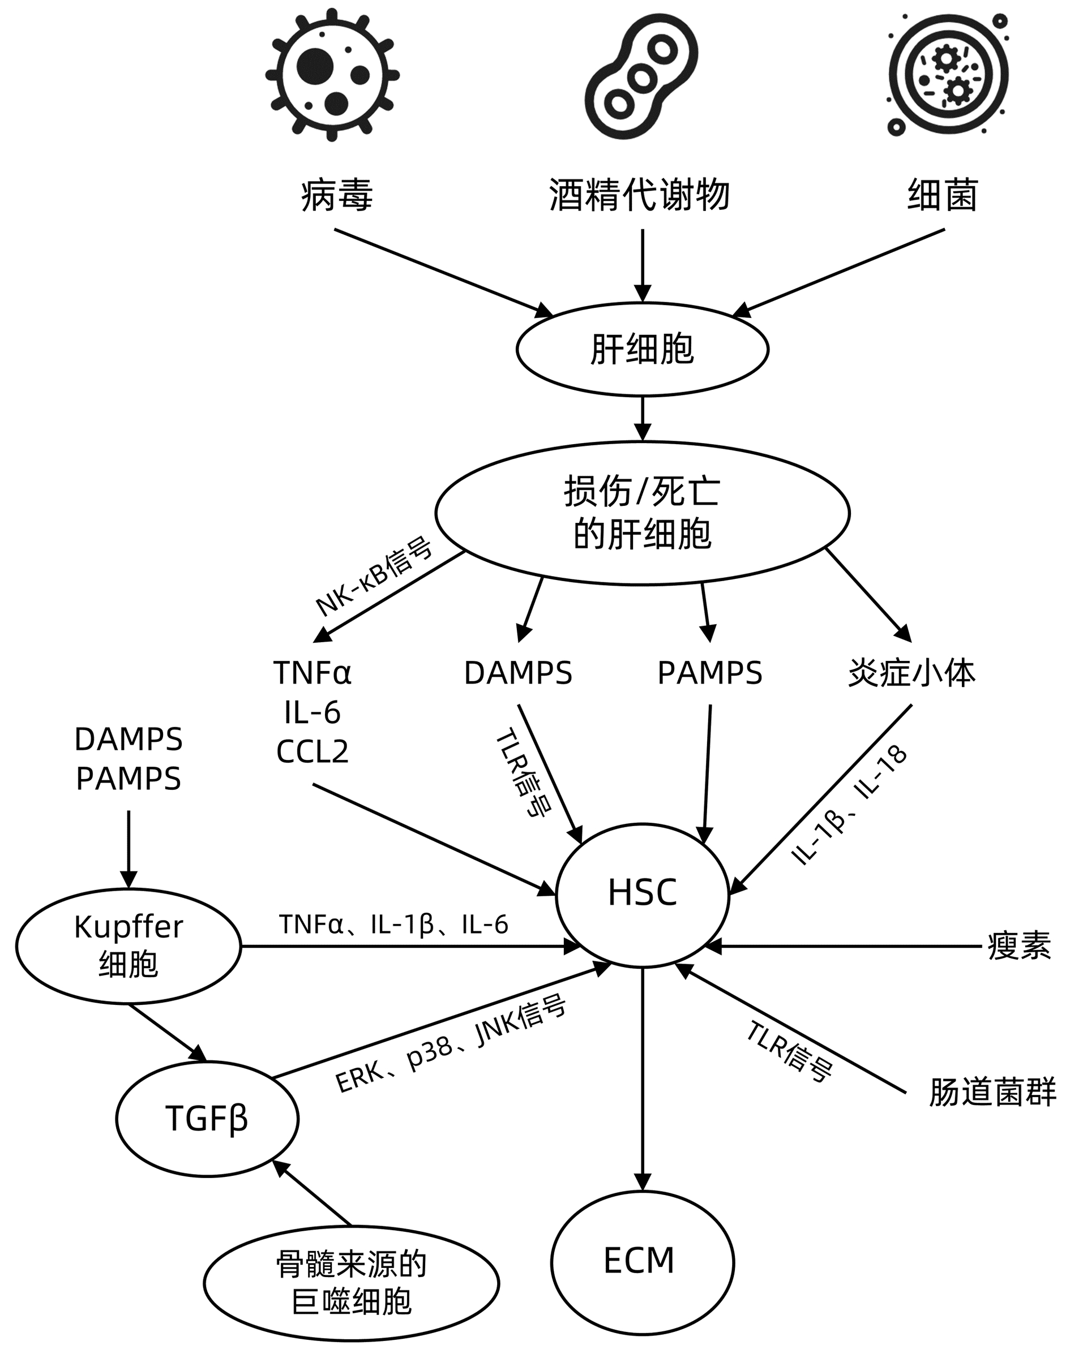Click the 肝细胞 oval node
click(x=642, y=349)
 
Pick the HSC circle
click(x=643, y=892)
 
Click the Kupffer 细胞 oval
click(x=129, y=946)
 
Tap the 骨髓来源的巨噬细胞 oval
click(x=352, y=1283)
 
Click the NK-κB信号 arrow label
click(x=374, y=577)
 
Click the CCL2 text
click(x=312, y=752)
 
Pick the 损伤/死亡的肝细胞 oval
click(x=642, y=513)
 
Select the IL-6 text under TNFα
click(x=312, y=712)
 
